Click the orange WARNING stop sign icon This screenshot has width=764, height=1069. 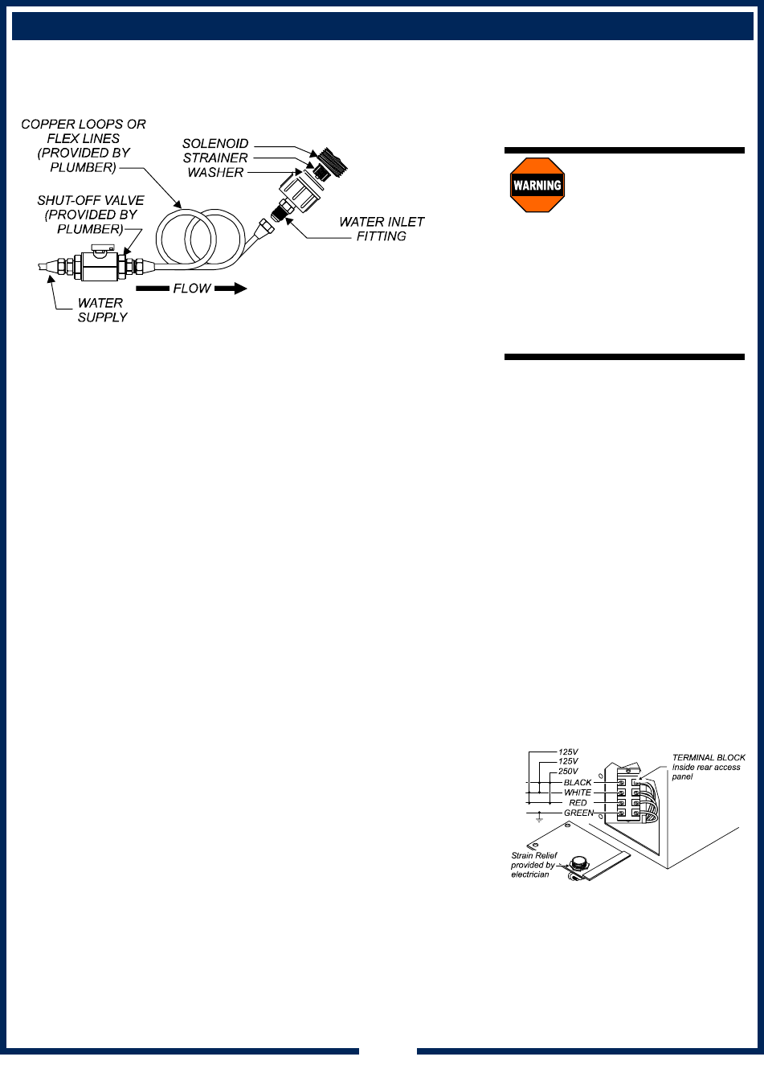[537, 185]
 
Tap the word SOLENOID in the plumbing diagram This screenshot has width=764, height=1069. [215, 144]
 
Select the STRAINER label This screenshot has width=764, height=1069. [215, 158]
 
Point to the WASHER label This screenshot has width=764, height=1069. [217, 172]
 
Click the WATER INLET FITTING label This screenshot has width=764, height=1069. [382, 229]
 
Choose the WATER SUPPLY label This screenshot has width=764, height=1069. [101, 310]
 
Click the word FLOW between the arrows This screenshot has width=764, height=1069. [192, 289]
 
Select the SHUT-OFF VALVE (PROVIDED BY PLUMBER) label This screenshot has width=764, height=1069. [91, 215]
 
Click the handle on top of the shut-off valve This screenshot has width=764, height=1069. [101, 251]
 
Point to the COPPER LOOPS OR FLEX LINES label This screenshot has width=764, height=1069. [84, 145]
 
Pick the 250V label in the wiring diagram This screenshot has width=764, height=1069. [567, 772]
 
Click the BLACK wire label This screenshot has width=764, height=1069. [577, 782]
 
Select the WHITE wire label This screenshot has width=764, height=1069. [577, 793]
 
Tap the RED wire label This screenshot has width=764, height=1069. [578, 803]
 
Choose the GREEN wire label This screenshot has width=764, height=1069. [578, 813]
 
